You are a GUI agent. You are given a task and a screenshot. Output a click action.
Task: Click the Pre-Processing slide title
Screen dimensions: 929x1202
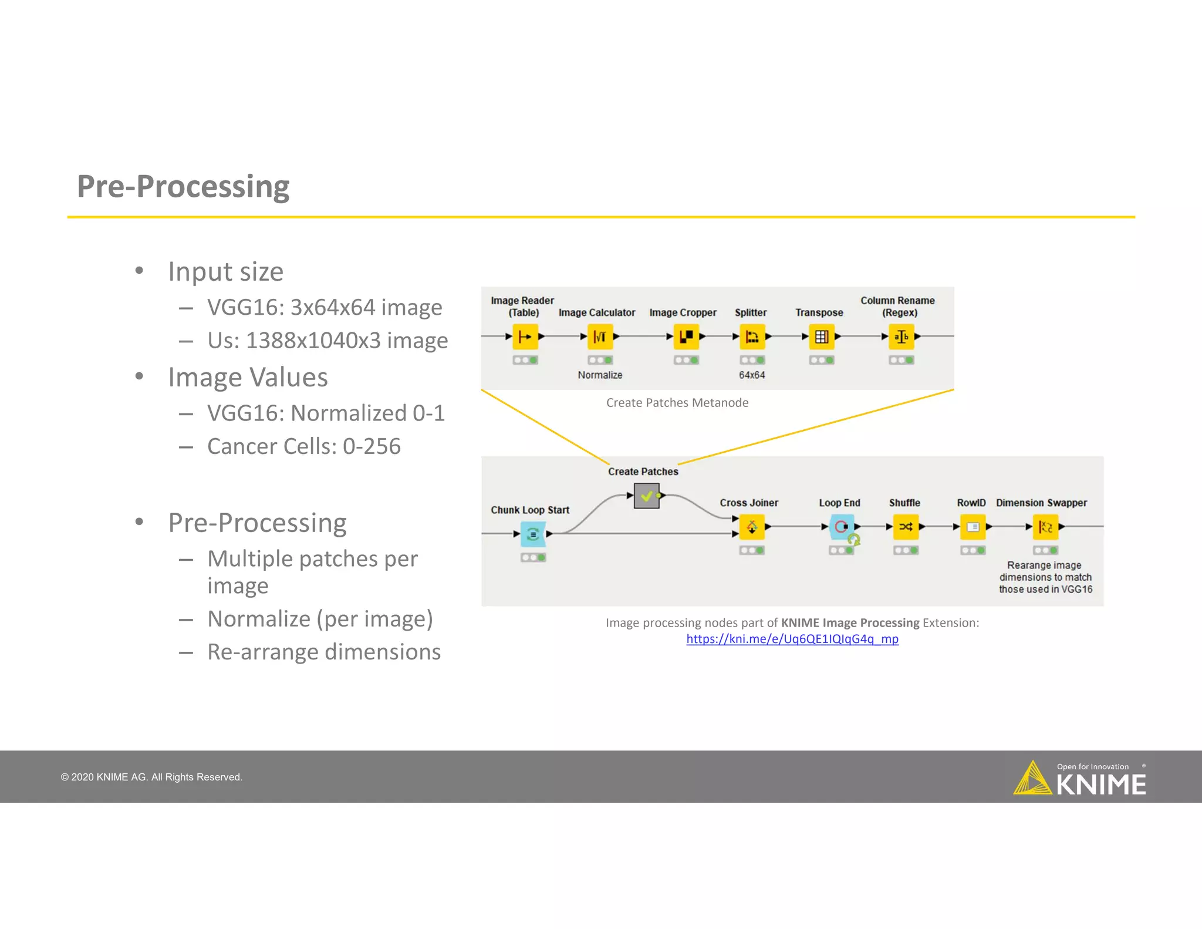[x=183, y=187]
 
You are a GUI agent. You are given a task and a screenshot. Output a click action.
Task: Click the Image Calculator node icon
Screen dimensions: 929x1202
[x=600, y=336]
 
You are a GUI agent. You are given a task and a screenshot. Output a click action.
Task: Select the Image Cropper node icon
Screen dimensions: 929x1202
[x=686, y=336]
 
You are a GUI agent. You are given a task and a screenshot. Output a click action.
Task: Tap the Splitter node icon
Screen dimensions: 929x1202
[x=752, y=336]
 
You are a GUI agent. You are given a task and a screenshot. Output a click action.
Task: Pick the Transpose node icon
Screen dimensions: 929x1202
[x=822, y=336]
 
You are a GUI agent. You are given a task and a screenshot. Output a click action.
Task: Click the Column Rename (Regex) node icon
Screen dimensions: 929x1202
[x=901, y=336]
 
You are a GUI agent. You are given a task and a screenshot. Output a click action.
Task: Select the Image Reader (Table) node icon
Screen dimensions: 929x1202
[x=525, y=336]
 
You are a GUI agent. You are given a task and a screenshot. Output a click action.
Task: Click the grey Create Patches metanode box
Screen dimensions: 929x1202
[x=646, y=496]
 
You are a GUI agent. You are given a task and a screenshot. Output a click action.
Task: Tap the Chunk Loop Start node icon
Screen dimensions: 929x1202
[x=533, y=534]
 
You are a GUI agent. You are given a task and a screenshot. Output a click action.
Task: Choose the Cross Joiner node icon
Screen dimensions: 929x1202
[x=752, y=527]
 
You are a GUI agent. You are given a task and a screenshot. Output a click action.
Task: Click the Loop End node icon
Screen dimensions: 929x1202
[x=841, y=527]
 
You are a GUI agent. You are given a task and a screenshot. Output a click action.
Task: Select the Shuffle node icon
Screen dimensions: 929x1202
[x=906, y=527]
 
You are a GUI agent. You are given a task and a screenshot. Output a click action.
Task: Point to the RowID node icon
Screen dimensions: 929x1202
[x=973, y=527]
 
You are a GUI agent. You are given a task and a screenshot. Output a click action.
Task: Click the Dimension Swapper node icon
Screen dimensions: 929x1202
[x=1045, y=527]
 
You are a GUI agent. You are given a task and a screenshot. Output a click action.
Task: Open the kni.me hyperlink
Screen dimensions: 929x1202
[x=792, y=639]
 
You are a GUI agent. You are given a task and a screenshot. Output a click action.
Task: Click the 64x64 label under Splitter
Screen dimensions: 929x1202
[x=752, y=375]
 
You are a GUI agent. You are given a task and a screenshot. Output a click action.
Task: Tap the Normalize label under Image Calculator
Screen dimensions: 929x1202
[x=600, y=375]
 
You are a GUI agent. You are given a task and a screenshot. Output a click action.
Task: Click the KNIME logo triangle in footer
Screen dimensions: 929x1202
[x=1032, y=779]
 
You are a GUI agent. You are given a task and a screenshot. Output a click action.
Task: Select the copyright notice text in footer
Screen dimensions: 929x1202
[x=151, y=777]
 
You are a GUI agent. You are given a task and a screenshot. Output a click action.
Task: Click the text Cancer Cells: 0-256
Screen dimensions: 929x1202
[x=303, y=446]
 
